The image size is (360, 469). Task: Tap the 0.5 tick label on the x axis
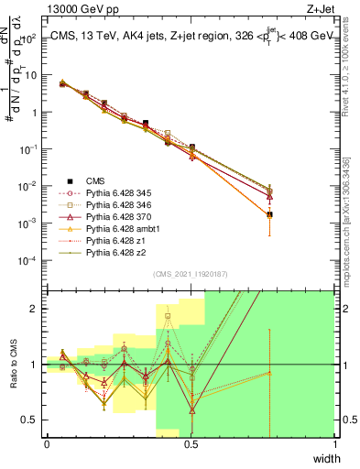click(x=191, y=443)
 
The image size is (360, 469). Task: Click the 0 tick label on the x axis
click(x=47, y=443)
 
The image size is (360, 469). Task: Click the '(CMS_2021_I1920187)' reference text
click(x=190, y=273)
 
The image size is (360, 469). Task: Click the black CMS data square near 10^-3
click(x=269, y=214)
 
